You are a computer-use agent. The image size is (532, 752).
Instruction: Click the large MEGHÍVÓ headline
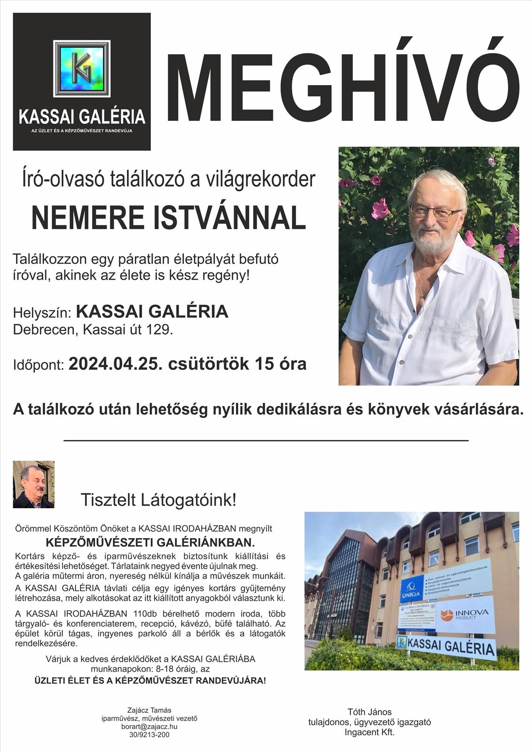tap(344, 83)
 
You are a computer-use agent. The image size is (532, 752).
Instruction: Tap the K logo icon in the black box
tap(82, 69)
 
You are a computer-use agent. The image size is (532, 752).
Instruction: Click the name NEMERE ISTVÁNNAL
tap(169, 217)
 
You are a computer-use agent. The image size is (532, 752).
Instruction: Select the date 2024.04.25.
tap(114, 364)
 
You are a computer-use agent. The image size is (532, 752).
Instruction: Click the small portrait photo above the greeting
tap(33, 484)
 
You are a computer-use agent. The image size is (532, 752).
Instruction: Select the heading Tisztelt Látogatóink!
tap(158, 500)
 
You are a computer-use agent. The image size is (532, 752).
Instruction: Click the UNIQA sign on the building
tap(410, 590)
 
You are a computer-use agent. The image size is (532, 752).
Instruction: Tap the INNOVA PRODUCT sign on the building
tap(465, 614)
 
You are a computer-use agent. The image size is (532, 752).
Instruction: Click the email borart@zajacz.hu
tap(149, 726)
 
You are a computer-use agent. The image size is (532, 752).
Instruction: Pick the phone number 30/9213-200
tap(149, 734)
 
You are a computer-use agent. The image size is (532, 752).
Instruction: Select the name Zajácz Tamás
tap(149, 710)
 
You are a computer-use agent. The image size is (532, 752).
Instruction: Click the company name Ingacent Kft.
tap(369, 732)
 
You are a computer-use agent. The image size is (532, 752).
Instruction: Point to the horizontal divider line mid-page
tap(266, 440)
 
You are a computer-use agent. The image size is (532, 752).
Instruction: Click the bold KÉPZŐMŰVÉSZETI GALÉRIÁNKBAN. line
tap(156, 543)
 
